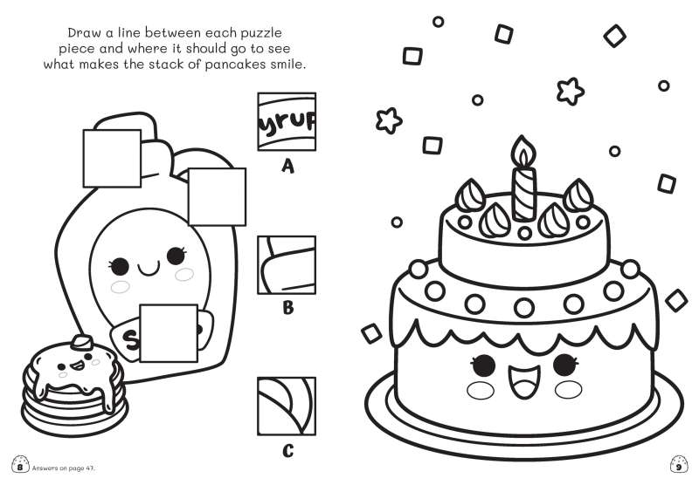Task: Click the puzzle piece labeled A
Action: (x=287, y=121)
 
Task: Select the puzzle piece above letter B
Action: (x=287, y=265)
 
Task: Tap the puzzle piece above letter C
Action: (x=287, y=406)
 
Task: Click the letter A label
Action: (x=288, y=167)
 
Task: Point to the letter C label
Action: (x=288, y=451)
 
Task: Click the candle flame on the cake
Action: (x=523, y=151)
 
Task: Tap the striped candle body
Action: (x=523, y=194)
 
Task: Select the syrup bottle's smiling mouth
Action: (x=149, y=269)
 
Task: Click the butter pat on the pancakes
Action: (x=82, y=342)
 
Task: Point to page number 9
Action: (x=679, y=465)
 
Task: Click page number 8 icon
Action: (x=20, y=465)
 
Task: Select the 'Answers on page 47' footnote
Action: (x=64, y=468)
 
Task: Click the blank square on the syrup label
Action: (x=169, y=333)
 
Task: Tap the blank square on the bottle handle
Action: (x=112, y=158)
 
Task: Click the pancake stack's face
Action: (x=78, y=365)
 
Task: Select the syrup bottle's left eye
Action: (x=119, y=266)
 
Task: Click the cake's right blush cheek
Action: (x=569, y=390)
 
